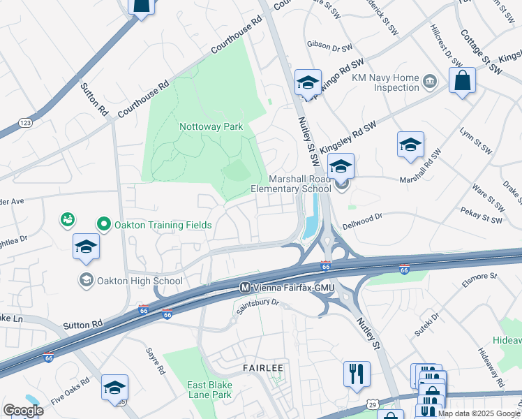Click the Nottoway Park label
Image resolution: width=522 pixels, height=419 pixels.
click(211, 126)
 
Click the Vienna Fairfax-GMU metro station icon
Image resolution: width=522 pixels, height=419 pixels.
click(245, 287)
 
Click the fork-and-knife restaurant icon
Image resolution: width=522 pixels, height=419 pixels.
click(357, 373)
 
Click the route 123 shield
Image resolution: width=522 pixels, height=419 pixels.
click(23, 123)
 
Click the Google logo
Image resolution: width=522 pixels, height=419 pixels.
click(24, 410)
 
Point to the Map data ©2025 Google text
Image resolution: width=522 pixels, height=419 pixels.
click(479, 413)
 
